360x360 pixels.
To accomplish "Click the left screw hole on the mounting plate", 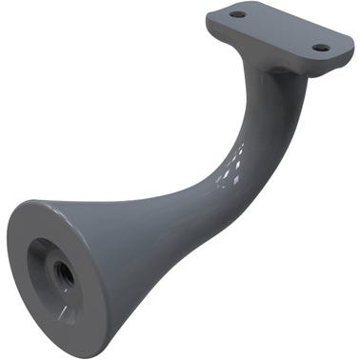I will (x=238, y=14).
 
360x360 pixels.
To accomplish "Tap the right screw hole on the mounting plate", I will (x=321, y=47).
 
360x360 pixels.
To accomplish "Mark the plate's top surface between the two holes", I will (x=278, y=30).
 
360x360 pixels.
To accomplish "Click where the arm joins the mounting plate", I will (x=276, y=71).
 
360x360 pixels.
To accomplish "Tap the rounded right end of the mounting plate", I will (x=344, y=48).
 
